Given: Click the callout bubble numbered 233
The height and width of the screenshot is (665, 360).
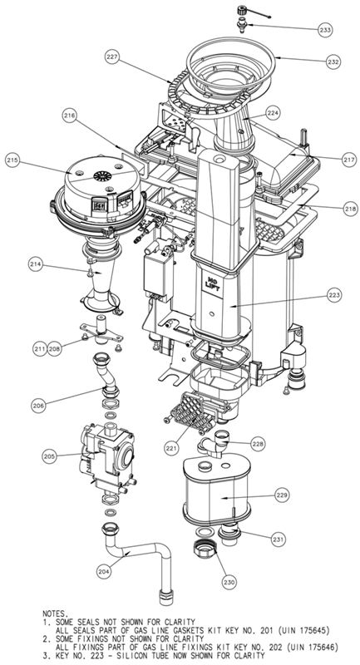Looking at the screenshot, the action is (325, 30).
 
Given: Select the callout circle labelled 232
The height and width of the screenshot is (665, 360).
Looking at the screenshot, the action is (333, 62).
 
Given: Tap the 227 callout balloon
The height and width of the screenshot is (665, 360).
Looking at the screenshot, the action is (112, 57).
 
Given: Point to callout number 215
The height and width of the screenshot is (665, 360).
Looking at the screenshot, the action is (12, 160).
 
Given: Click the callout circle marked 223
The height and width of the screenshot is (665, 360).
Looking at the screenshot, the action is (334, 295).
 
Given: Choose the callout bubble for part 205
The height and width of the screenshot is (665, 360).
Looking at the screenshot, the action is (50, 456).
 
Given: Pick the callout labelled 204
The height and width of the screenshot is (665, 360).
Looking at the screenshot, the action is (103, 572).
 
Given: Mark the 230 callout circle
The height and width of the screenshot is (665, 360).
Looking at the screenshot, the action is (229, 583).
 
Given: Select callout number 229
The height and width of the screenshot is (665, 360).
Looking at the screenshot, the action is (282, 495).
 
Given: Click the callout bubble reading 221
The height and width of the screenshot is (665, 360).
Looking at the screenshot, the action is (172, 448).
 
